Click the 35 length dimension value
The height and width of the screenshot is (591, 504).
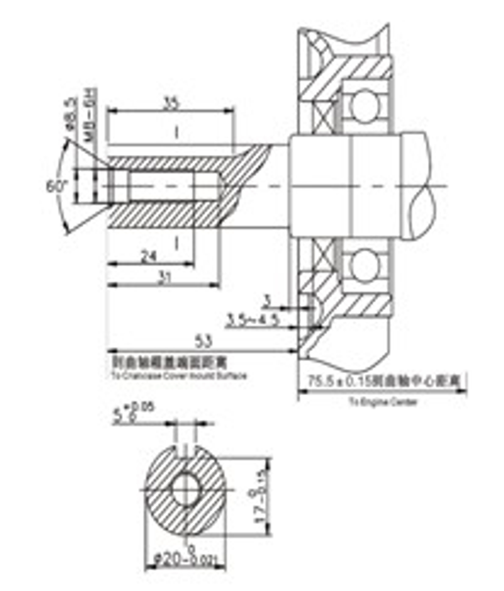tap(172, 104)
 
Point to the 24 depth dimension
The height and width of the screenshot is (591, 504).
tap(148, 257)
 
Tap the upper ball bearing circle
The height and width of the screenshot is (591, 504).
tap(364, 107)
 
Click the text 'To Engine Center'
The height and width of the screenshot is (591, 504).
tap(383, 402)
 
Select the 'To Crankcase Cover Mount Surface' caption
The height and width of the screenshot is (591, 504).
tap(178, 376)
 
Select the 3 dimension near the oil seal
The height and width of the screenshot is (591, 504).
tap(268, 301)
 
